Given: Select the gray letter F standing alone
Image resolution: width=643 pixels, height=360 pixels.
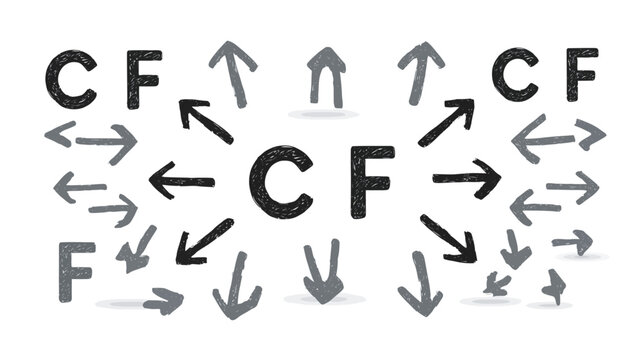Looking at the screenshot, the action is pos(77,270).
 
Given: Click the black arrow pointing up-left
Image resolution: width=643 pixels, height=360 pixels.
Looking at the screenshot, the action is pos(205,120).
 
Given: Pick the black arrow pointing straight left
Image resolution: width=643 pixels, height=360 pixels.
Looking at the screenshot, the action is pos(182,180).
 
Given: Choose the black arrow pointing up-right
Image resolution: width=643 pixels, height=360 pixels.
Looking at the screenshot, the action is pos(446,121).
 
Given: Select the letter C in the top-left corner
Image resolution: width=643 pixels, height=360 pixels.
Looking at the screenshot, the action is pos(70,79).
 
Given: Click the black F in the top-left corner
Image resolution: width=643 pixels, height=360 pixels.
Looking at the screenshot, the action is pos(142,80).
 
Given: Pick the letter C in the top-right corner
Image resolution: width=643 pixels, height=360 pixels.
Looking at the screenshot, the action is pos(515,75).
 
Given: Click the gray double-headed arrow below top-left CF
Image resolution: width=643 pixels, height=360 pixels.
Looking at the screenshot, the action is pos(91,140).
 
